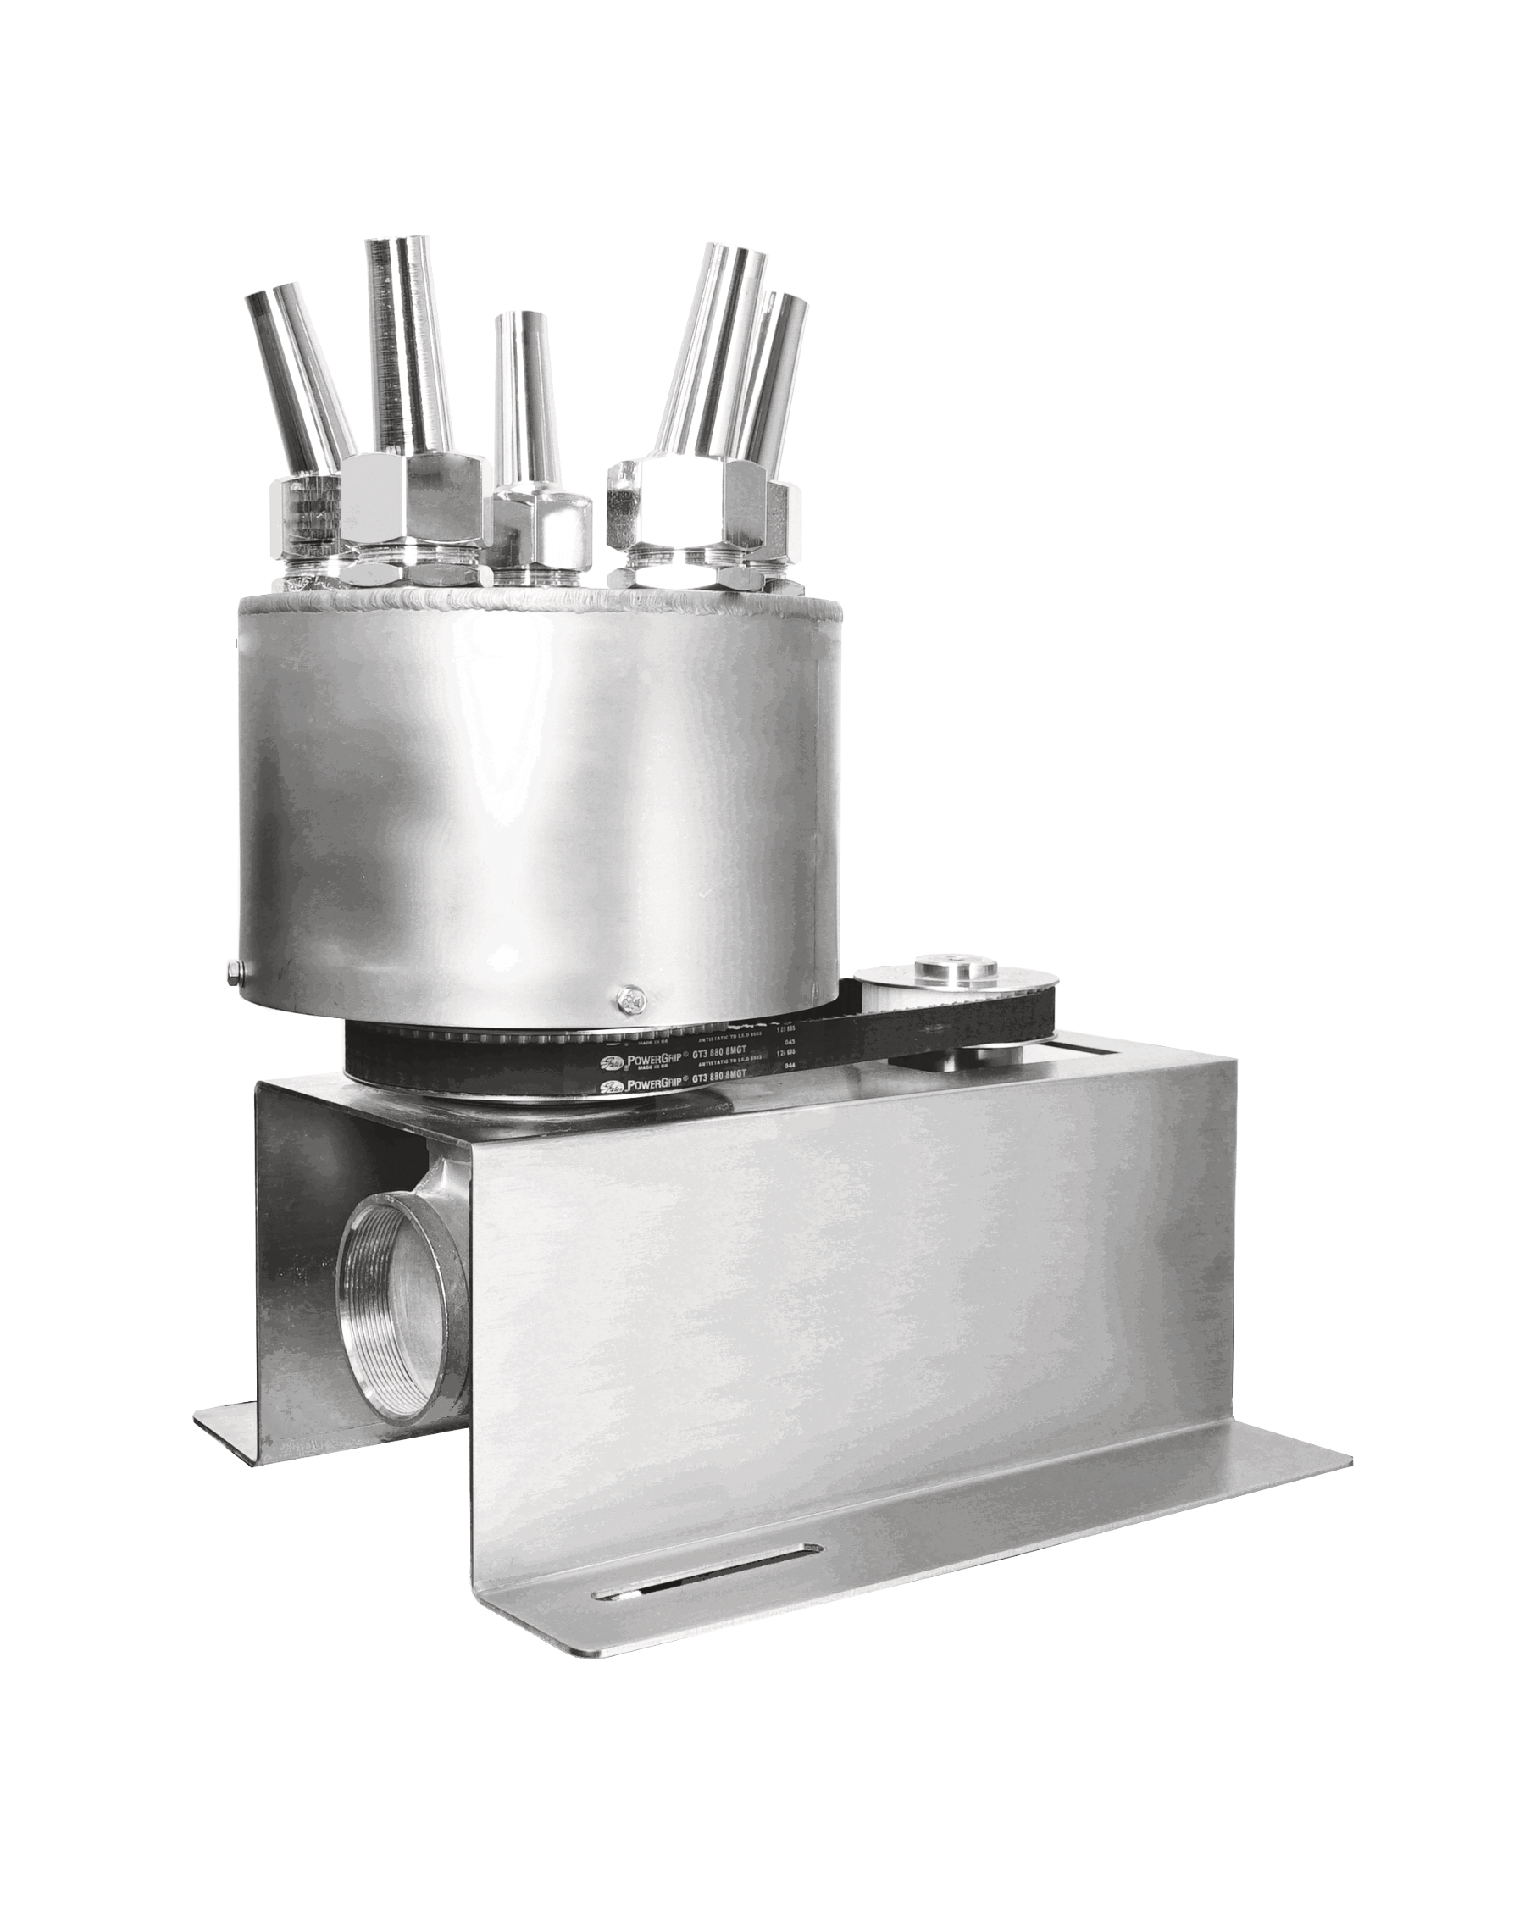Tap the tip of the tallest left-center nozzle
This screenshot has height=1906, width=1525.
[x=400, y=245]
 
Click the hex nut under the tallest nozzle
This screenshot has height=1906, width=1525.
[x=413, y=501]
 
